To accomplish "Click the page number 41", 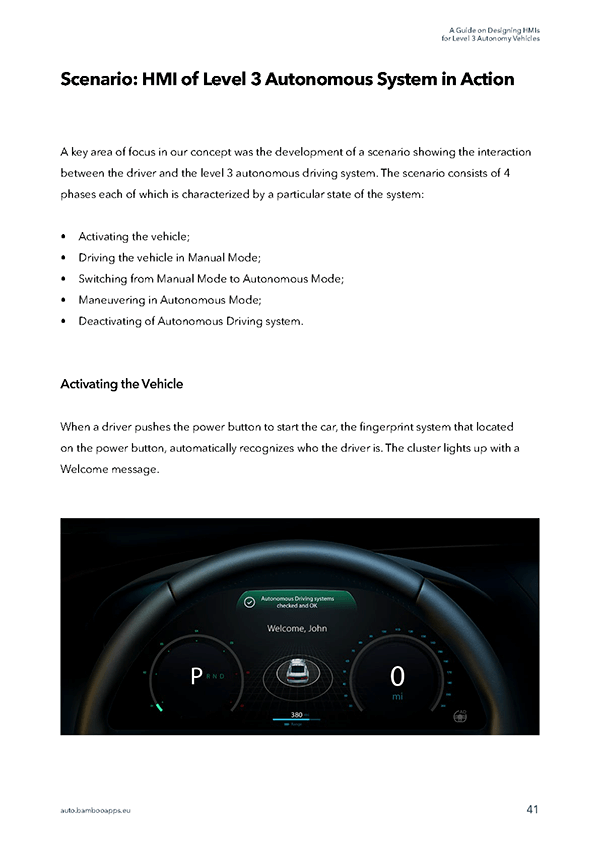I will click(x=533, y=809).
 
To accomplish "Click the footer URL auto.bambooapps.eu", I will click(x=96, y=810).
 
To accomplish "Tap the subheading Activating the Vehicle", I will click(x=121, y=384).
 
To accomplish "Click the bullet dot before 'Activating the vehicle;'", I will click(x=64, y=237).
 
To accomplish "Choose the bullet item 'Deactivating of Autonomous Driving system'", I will click(x=190, y=321).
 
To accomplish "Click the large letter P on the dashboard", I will click(x=195, y=677).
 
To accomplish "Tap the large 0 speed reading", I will click(x=397, y=677).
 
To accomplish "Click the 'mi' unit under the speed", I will click(x=397, y=697).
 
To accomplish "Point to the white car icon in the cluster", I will click(x=296, y=672).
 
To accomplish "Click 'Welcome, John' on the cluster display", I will click(x=297, y=629).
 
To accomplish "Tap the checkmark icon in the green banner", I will click(x=250, y=603).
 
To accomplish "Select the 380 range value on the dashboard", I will click(x=296, y=714).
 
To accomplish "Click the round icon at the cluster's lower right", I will click(x=462, y=715).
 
